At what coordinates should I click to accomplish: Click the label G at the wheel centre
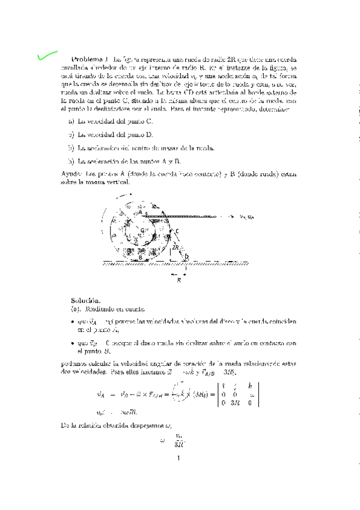tap(142, 230)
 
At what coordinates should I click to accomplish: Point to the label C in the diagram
tap(177, 231)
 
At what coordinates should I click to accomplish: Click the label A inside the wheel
tap(140, 212)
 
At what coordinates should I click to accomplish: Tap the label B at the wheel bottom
tap(140, 257)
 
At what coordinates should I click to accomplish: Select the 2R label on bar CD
tap(175, 247)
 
